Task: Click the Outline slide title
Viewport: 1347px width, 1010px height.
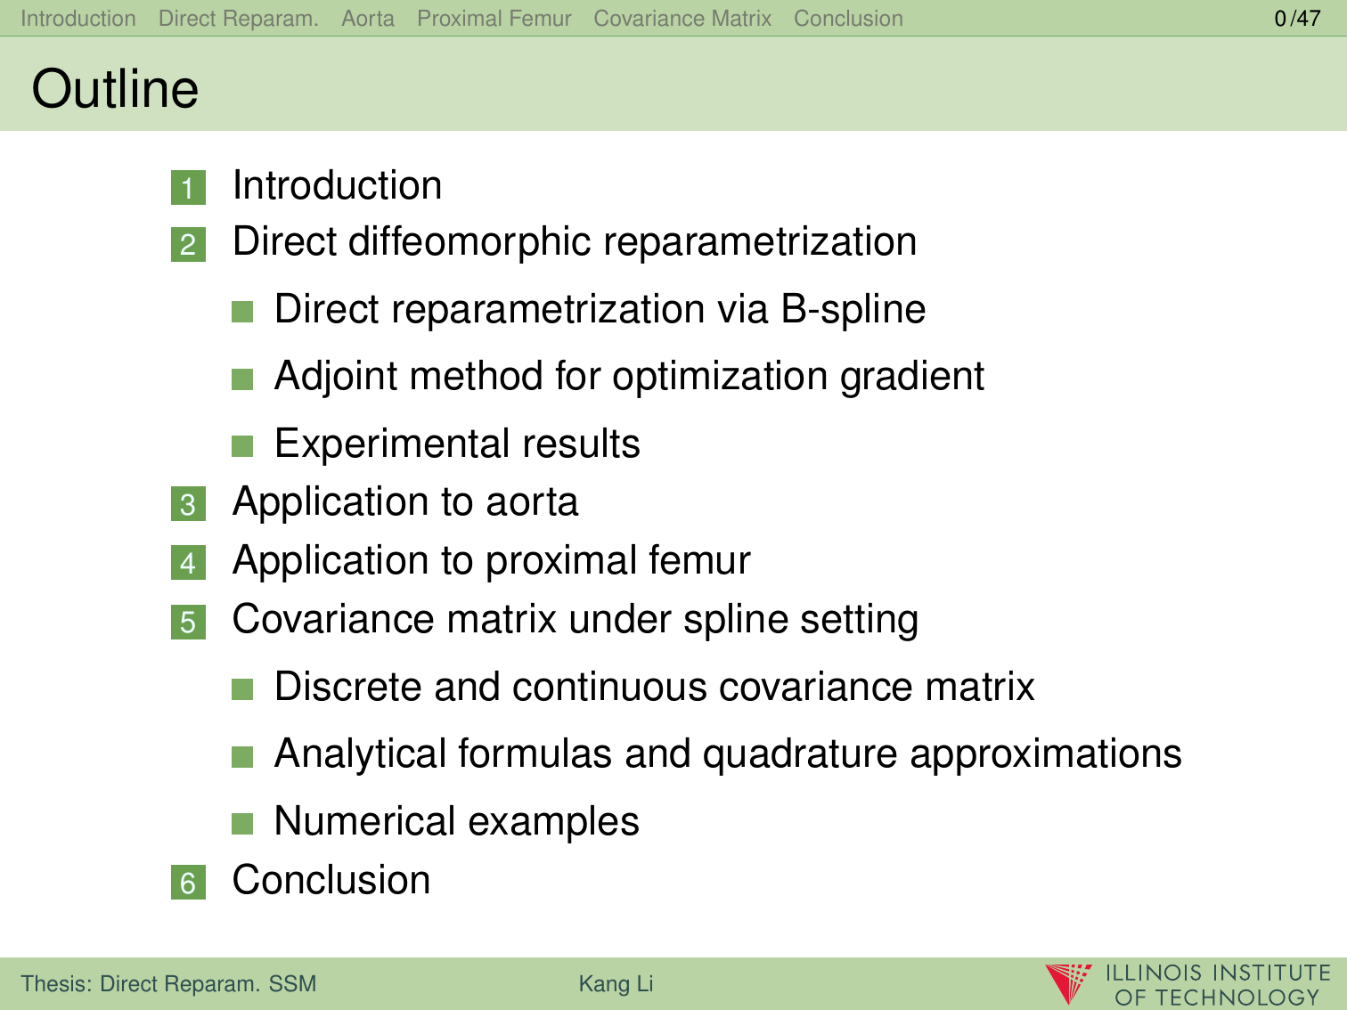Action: pyautogui.click(x=115, y=89)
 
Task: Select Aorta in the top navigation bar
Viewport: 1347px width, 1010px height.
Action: pyautogui.click(x=368, y=19)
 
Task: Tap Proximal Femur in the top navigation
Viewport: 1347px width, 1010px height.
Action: pyautogui.click(x=494, y=19)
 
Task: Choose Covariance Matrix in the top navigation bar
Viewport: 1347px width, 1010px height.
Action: pyautogui.click(x=682, y=19)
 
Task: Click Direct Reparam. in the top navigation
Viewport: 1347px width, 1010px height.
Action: pyautogui.click(x=238, y=19)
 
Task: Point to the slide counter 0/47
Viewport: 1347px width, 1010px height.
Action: pyautogui.click(x=1297, y=19)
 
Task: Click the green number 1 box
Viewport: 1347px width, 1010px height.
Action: pyautogui.click(x=188, y=188)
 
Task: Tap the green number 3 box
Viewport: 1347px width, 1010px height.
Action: pyautogui.click(x=188, y=504)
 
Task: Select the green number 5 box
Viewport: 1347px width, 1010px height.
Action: pyautogui.click(x=188, y=622)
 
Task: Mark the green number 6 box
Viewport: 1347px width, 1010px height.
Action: pyautogui.click(x=188, y=883)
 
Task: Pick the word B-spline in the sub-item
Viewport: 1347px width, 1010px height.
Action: pyautogui.click(x=853, y=309)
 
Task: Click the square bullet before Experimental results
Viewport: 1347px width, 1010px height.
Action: pyautogui.click(x=242, y=446)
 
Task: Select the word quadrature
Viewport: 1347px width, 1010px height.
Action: pyautogui.click(x=800, y=754)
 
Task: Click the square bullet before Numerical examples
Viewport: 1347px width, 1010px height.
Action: pyautogui.click(x=242, y=824)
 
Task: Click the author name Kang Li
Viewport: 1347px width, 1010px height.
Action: pyautogui.click(x=616, y=983)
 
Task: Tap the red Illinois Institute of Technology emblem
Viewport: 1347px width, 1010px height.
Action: pyautogui.click(x=1068, y=983)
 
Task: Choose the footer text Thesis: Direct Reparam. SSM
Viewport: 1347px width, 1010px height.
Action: pyautogui.click(x=168, y=983)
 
